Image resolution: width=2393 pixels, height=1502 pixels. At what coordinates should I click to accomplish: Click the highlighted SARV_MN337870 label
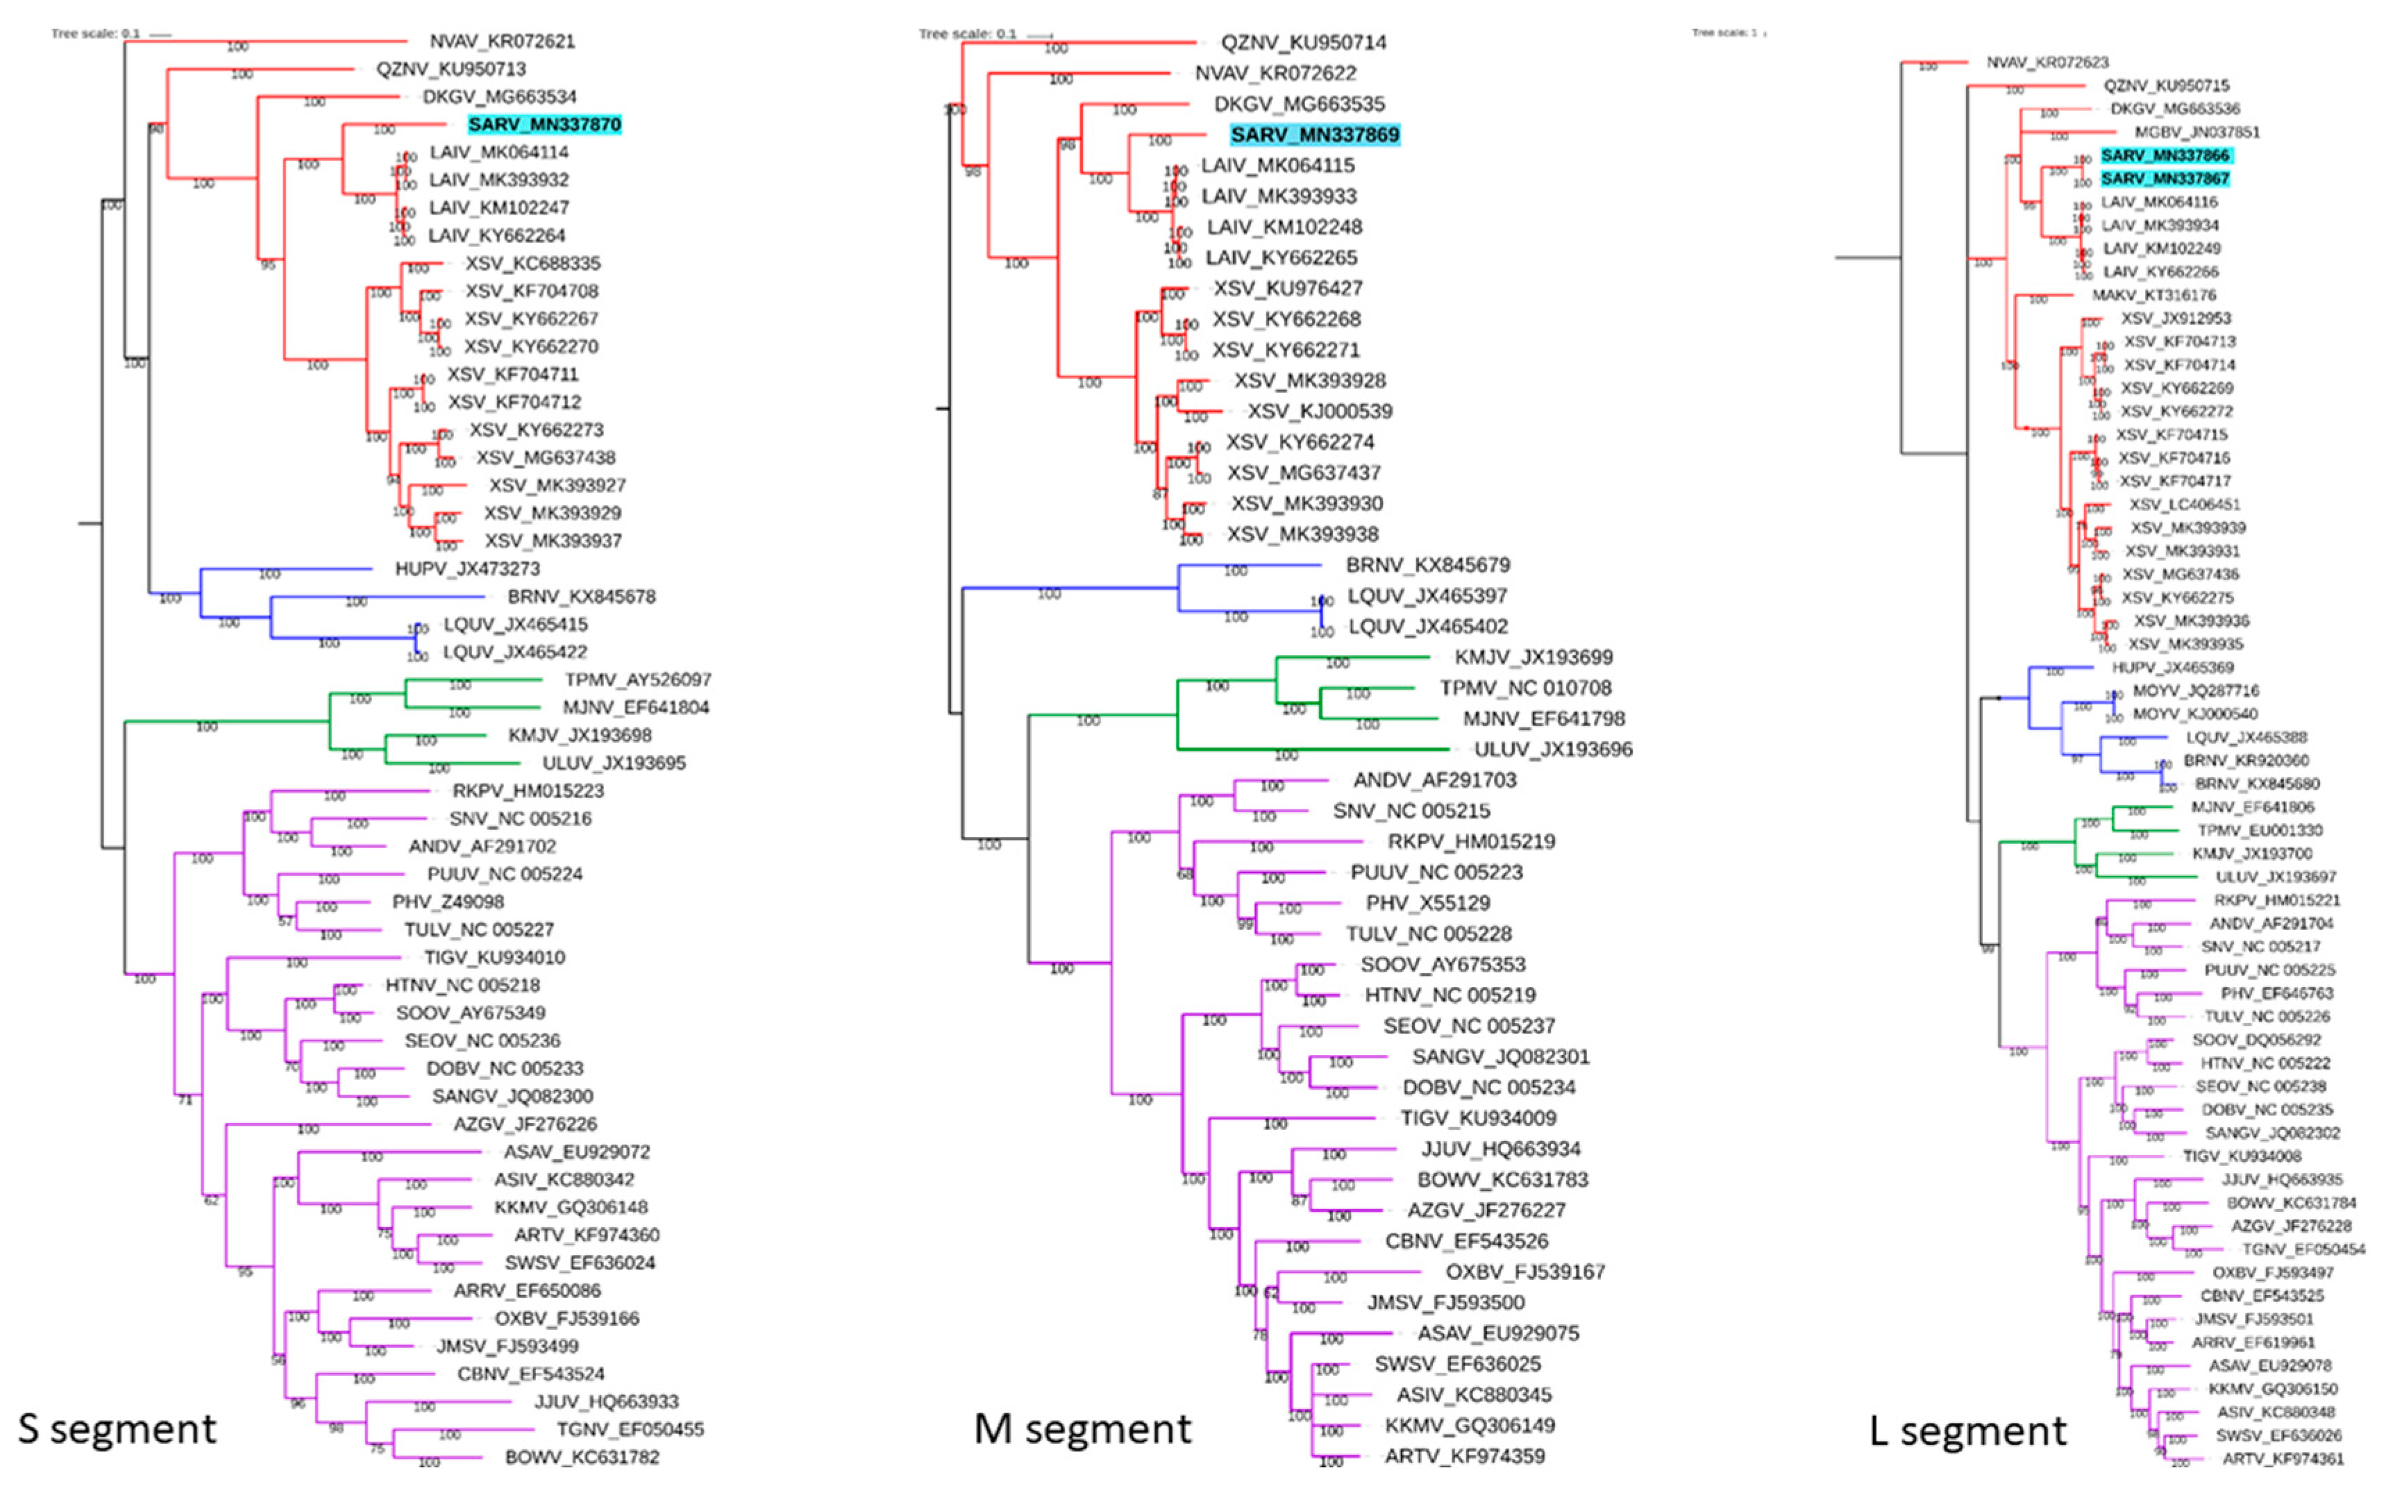[x=544, y=124]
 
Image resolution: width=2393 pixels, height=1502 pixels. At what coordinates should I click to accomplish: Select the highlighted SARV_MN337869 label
[x=1314, y=134]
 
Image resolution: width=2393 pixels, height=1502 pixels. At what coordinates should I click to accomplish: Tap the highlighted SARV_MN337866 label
[x=2165, y=155]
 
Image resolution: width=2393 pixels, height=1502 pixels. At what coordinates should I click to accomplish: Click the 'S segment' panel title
[x=117, y=1428]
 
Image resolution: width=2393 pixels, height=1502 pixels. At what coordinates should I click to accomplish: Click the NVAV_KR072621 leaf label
[x=502, y=41]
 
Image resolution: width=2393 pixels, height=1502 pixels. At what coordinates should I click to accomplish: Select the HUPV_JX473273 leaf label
[x=467, y=569]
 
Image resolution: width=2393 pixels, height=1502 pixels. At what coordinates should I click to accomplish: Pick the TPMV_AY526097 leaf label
[x=638, y=680]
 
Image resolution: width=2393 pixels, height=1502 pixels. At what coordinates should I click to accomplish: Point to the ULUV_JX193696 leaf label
[x=1552, y=749]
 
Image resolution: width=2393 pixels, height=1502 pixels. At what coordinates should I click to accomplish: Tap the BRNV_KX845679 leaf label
[x=1427, y=565]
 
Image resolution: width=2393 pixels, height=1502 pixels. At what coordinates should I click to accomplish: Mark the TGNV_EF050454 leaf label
[x=2303, y=1249]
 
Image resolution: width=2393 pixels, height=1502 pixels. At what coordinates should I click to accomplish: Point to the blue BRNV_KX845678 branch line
[x=378, y=597]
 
